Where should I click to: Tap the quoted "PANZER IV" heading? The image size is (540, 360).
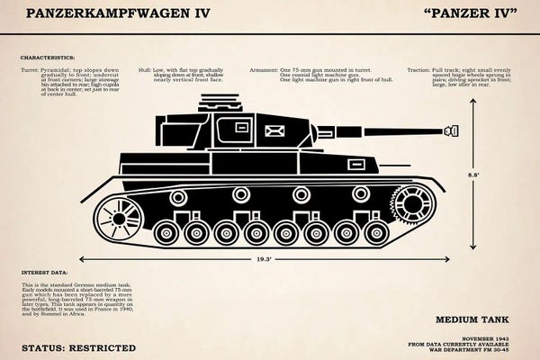pyautogui.click(x=469, y=14)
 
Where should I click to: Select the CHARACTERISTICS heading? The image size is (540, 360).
pyautogui.click(x=47, y=56)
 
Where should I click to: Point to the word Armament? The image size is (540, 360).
pyautogui.click(x=264, y=69)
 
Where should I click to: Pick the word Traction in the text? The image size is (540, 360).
pyautogui.click(x=418, y=69)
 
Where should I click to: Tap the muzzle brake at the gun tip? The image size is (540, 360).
pyautogui.click(x=449, y=131)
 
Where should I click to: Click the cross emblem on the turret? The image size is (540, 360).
pyautogui.click(x=275, y=135)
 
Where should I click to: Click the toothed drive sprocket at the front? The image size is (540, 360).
pyautogui.click(x=413, y=202)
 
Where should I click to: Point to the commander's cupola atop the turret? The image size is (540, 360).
pyautogui.click(x=227, y=103)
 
